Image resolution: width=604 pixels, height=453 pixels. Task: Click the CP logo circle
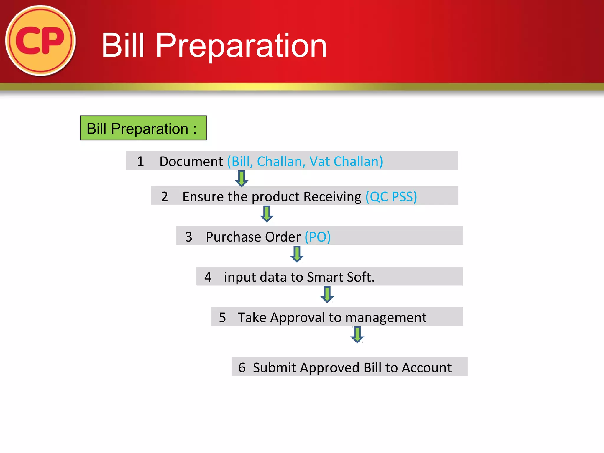click(x=40, y=40)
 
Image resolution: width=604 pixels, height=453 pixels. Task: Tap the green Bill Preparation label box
click(x=143, y=128)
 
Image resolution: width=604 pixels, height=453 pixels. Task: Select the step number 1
click(x=140, y=161)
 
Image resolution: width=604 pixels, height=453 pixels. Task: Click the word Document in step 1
click(x=191, y=161)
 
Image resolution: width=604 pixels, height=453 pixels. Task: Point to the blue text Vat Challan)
click(x=346, y=161)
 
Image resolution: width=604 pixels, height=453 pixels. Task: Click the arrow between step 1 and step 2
click(x=242, y=178)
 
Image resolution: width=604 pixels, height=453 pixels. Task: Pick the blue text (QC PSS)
click(x=391, y=196)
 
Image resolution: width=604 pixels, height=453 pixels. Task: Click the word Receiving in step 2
click(x=332, y=196)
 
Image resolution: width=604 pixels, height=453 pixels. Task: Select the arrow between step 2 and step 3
click(x=267, y=214)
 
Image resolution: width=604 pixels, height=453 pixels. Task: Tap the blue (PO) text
click(x=318, y=237)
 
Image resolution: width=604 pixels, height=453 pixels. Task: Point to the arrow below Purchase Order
click(x=297, y=254)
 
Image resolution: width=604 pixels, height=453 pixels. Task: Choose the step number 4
click(x=208, y=277)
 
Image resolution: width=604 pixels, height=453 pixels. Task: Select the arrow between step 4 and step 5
click(x=327, y=294)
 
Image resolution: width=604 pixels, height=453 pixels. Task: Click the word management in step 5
click(x=386, y=317)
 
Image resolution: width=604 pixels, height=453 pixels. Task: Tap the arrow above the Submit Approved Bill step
click(x=357, y=334)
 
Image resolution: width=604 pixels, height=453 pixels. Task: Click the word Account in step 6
click(x=426, y=367)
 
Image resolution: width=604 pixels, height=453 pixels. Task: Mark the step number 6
click(x=242, y=367)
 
